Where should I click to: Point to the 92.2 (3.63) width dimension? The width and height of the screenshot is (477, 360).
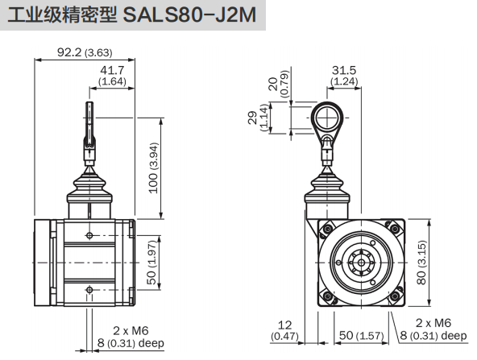pyautogui.click(x=85, y=52)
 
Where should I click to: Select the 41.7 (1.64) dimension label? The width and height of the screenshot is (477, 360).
pyautogui.click(x=111, y=77)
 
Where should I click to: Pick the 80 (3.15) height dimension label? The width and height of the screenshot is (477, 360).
pyautogui.click(x=444, y=263)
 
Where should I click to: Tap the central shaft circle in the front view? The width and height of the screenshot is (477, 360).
pyautogui.click(x=358, y=263)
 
